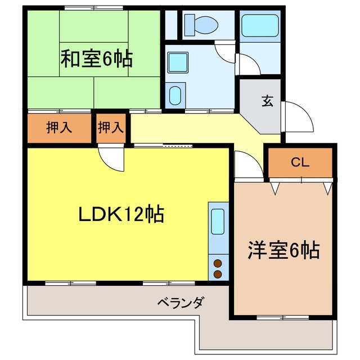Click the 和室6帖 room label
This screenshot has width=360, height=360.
97,58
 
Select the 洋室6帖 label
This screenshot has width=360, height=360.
283,249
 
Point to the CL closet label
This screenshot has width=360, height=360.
300,163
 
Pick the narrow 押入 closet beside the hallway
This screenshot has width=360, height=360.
111,128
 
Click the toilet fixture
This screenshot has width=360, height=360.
201,24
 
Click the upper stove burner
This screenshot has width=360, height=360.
217,263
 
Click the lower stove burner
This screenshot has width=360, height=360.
217,274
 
